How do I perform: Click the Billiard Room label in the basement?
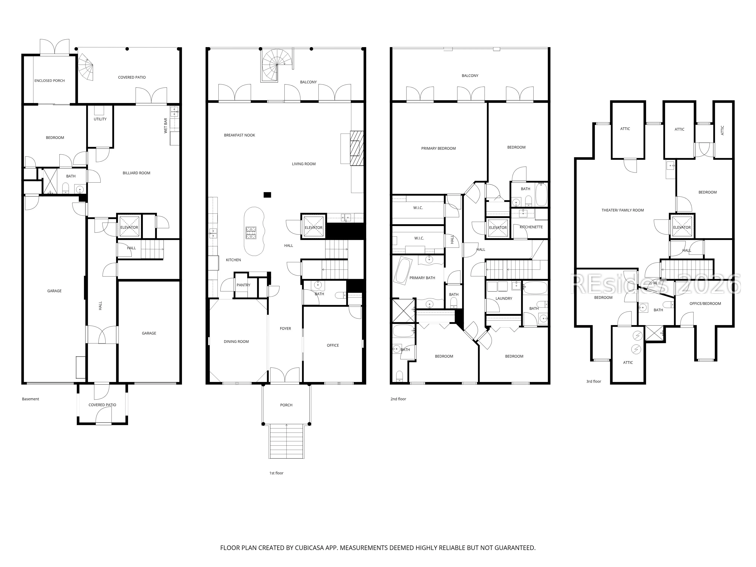pyautogui.click(x=136, y=173)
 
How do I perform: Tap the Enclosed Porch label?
pyautogui.click(x=50, y=81)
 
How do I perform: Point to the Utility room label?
pyautogui.click(x=100, y=119)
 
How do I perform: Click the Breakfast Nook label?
pyautogui.click(x=240, y=135)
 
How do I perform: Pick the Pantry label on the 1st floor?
pyautogui.click(x=243, y=285)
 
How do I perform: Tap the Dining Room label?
pyautogui.click(x=236, y=342)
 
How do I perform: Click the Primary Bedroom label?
pyautogui.click(x=438, y=148)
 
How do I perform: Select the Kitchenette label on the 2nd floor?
pyautogui.click(x=531, y=227)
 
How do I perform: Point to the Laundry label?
pyautogui.click(x=504, y=298)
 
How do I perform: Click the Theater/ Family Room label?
pyautogui.click(x=623, y=210)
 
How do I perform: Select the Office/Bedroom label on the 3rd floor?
pyautogui.click(x=705, y=304)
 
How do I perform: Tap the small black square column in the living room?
pyautogui.click(x=267, y=195)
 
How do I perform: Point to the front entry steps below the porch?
pyautogui.click(x=286, y=441)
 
